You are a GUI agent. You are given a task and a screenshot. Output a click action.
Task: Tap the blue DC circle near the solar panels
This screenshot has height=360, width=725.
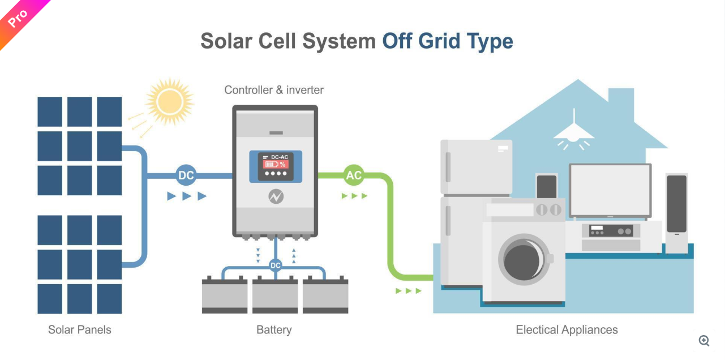pyautogui.click(x=186, y=175)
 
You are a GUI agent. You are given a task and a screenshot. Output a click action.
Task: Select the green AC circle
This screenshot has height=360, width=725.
pyautogui.click(x=354, y=175)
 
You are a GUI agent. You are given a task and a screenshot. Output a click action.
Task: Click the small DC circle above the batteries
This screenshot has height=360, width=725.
pyautogui.click(x=276, y=265)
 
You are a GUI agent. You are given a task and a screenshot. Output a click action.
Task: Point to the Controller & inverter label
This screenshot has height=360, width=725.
pyautogui.click(x=274, y=90)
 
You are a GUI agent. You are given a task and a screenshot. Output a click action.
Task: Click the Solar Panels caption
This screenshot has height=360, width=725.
pyautogui.click(x=80, y=329)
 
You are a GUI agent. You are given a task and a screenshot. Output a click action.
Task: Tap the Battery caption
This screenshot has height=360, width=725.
pyautogui.click(x=274, y=329)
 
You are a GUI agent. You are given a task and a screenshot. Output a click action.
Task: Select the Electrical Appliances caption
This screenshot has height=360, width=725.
pyautogui.click(x=567, y=329)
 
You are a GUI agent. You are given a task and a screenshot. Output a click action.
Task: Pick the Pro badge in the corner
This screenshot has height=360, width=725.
pyautogui.click(x=18, y=18)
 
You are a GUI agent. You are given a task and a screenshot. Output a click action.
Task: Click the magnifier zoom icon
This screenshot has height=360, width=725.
pyautogui.click(x=704, y=340)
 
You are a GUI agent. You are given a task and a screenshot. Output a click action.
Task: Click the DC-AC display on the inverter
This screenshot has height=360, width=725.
pyautogui.click(x=276, y=165)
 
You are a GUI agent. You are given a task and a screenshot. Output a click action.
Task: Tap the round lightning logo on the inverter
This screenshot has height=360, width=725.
pyautogui.click(x=276, y=196)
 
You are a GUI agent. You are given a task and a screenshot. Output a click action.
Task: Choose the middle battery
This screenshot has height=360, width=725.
pyautogui.click(x=275, y=295)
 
